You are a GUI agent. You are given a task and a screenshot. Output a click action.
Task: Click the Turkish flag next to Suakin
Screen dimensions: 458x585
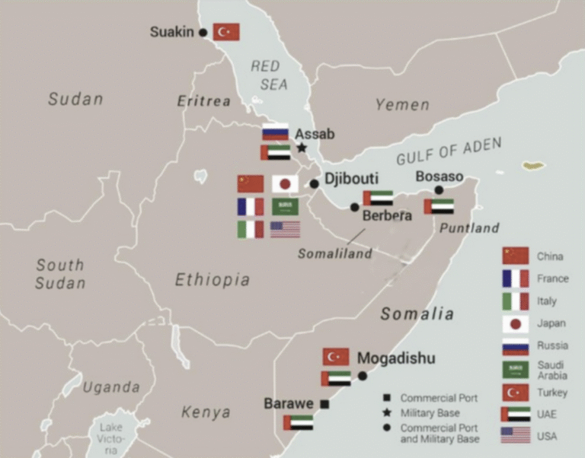[x=226, y=32]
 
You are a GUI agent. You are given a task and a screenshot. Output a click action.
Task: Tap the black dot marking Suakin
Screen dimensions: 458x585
[x=203, y=33]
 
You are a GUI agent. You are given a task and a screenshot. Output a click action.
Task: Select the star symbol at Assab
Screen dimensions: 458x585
[x=302, y=148]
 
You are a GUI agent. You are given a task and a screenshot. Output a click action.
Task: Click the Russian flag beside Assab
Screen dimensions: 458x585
[x=275, y=132]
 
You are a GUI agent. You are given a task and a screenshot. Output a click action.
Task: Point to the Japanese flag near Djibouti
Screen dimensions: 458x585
[x=285, y=183]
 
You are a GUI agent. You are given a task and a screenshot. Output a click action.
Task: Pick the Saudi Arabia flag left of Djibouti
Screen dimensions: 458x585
[x=285, y=206]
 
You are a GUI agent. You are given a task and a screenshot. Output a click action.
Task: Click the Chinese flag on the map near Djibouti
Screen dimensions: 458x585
[x=250, y=183]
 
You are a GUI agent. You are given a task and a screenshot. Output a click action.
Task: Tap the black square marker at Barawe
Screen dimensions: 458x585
[x=324, y=404]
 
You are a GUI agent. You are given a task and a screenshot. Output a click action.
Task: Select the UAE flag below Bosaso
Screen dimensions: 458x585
[x=439, y=206]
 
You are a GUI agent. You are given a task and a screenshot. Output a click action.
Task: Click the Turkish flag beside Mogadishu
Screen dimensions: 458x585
[x=336, y=357]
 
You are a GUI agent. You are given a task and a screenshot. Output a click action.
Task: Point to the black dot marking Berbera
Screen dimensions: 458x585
[x=354, y=207]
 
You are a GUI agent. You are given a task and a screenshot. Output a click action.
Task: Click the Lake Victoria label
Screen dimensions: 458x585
[x=111, y=439]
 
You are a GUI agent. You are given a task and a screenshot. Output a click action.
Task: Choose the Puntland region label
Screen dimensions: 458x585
[x=470, y=227]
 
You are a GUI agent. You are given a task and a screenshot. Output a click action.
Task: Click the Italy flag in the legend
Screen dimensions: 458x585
[x=515, y=301]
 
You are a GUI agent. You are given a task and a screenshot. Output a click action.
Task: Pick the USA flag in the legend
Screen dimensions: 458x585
[x=515, y=435]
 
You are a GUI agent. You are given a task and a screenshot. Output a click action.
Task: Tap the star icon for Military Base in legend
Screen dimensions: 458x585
[x=387, y=412]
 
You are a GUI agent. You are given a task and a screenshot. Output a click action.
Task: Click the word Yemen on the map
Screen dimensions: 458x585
[x=401, y=105]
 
